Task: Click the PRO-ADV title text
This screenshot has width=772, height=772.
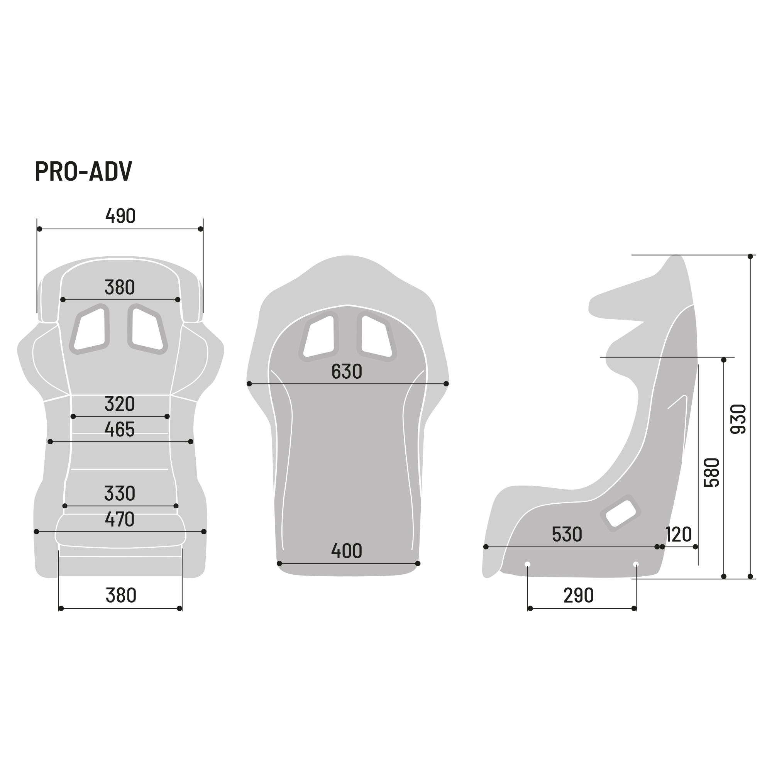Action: pyautogui.click(x=83, y=172)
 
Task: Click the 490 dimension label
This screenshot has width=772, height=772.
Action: pyautogui.click(x=120, y=216)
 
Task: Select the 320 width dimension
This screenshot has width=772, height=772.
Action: pyautogui.click(x=120, y=404)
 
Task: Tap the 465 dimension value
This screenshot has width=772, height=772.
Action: pyautogui.click(x=120, y=430)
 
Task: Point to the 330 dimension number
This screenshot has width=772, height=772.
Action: pyautogui.click(x=120, y=493)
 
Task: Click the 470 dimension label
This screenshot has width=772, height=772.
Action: pyautogui.click(x=120, y=519)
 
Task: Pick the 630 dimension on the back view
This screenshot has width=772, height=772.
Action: pyautogui.click(x=347, y=372)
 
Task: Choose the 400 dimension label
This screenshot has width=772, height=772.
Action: pyautogui.click(x=347, y=551)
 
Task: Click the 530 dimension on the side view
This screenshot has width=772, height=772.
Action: pyautogui.click(x=567, y=534)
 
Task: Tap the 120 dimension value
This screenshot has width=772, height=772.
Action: pyautogui.click(x=679, y=534)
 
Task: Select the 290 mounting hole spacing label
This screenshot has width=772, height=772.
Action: pyautogui.click(x=578, y=596)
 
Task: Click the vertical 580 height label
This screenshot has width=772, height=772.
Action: pyautogui.click(x=712, y=473)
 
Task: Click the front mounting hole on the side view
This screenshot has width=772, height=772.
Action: pyautogui.click(x=527, y=564)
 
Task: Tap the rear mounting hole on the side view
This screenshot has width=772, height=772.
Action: pyautogui.click(x=636, y=564)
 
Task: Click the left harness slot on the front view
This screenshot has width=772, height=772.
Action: pyautogui.click(x=90, y=329)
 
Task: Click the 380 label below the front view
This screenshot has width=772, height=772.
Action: pyautogui.click(x=121, y=596)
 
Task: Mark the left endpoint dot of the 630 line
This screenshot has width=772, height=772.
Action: pyautogui.click(x=249, y=384)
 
